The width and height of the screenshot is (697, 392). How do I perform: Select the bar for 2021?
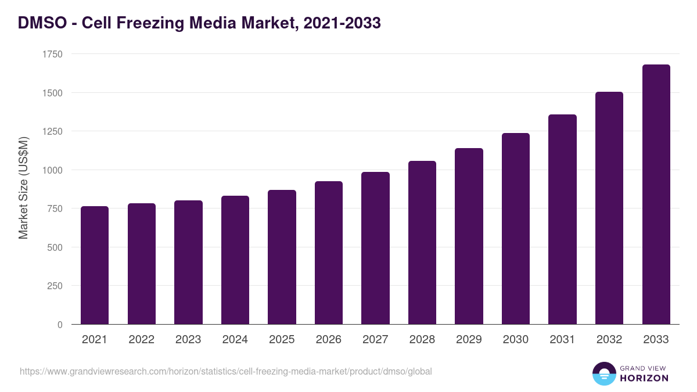click(x=95, y=265)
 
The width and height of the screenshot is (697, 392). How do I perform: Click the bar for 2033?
click(x=656, y=195)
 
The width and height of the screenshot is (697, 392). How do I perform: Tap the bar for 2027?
click(x=375, y=248)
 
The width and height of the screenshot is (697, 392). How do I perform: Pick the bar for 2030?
click(x=516, y=229)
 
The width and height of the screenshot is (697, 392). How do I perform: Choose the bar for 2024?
click(x=235, y=260)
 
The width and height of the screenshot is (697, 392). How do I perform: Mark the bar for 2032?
click(x=609, y=208)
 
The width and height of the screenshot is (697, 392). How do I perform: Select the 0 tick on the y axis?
click(x=60, y=325)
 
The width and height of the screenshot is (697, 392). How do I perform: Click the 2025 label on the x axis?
click(x=282, y=340)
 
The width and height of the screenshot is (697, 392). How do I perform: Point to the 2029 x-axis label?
click(x=469, y=340)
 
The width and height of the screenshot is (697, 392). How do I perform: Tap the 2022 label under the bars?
click(x=141, y=340)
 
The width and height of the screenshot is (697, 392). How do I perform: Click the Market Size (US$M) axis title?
click(x=23, y=188)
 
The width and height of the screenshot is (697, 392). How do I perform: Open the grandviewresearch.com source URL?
click(x=226, y=371)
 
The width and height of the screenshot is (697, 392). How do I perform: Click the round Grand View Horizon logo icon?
click(x=603, y=373)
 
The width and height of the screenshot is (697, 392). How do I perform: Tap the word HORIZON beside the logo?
click(x=644, y=378)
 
